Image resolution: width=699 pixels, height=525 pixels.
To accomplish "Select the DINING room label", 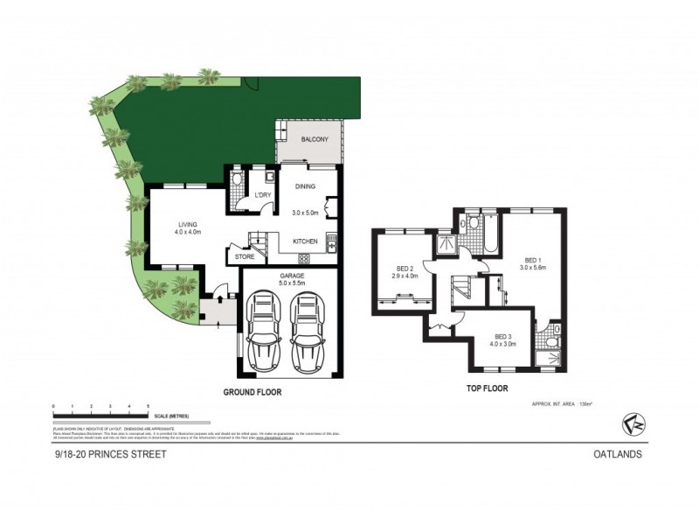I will [305, 186].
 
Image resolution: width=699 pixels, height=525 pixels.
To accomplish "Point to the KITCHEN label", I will [305, 241].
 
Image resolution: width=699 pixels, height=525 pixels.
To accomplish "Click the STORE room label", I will [244, 256].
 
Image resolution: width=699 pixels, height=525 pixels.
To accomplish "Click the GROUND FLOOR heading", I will [253, 393].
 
